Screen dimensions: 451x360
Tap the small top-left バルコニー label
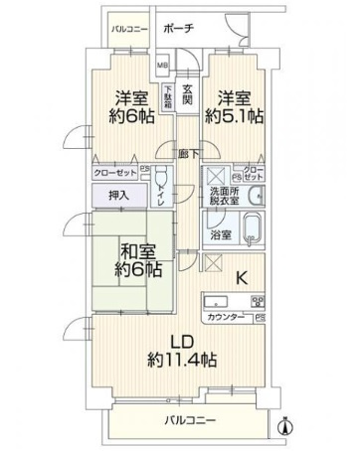(128, 30)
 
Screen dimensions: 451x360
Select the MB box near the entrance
(163, 68)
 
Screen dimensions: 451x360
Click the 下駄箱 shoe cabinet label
(169, 97)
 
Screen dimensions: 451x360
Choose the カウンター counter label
(227, 318)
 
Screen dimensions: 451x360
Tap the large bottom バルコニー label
(189, 421)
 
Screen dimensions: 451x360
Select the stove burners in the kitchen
(254, 300)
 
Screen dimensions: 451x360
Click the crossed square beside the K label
(212, 263)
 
